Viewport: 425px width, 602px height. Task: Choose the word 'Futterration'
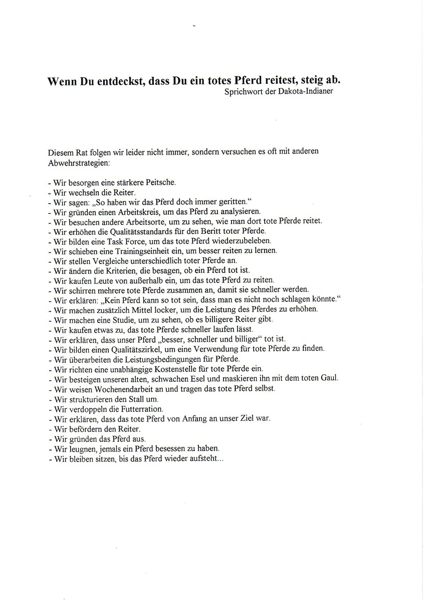click(x=136, y=409)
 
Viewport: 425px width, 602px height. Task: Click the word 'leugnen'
click(x=81, y=448)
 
